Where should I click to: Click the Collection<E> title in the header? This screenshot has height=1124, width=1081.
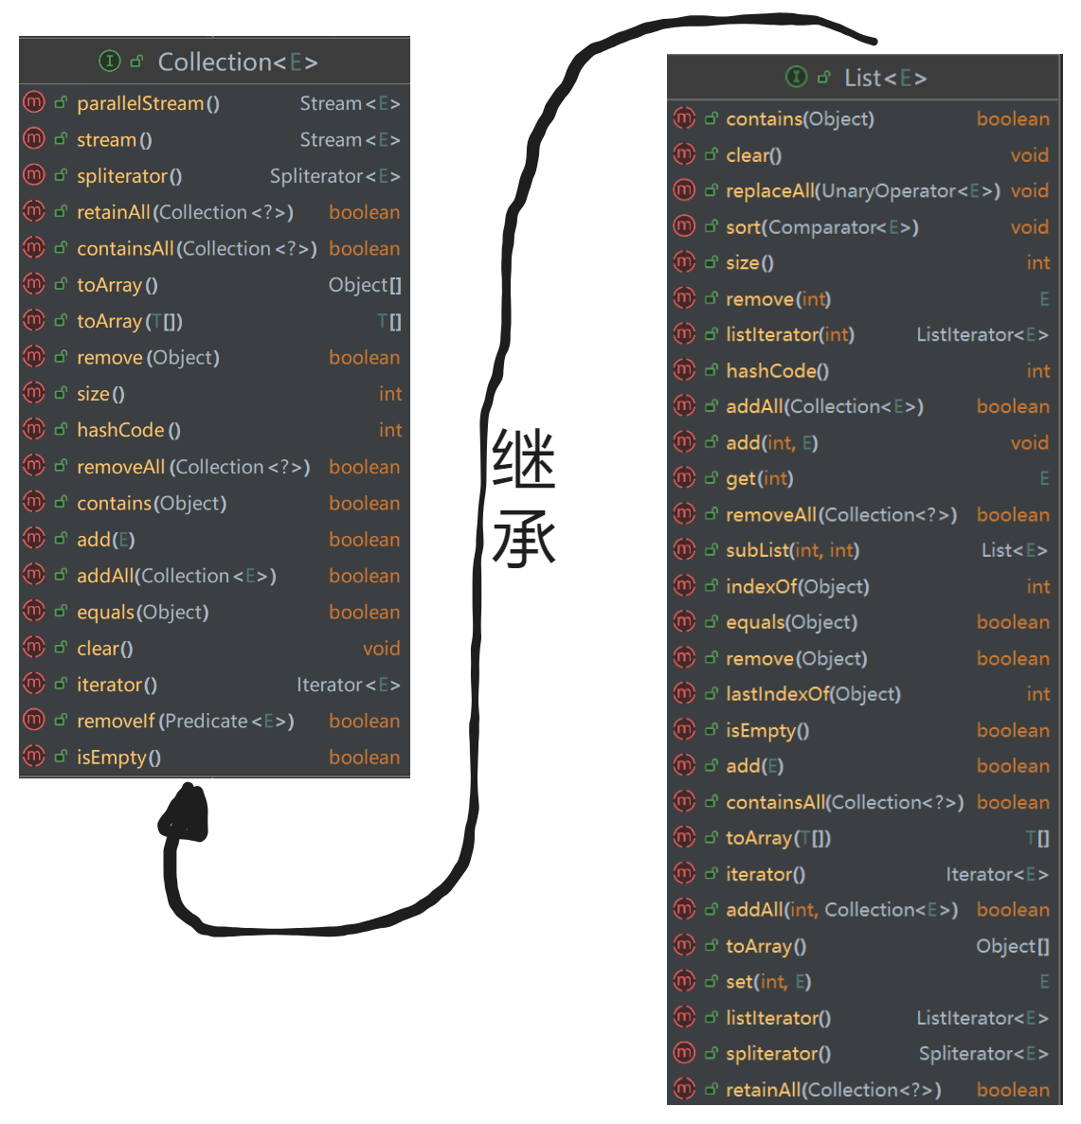pos(237,62)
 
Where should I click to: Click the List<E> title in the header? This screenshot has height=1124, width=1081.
pos(885,78)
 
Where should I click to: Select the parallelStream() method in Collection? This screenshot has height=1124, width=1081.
pos(148,103)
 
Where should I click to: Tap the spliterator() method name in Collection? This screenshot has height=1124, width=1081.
pos(129,176)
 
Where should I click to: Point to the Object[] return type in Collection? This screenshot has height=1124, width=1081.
pos(365,285)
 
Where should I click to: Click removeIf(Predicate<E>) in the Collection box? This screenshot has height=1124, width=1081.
pos(185,721)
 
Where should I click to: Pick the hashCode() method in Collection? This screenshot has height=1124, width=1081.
pos(128,430)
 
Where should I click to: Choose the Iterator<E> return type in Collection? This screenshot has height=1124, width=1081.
pos(348,685)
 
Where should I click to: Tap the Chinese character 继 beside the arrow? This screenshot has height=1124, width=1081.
pos(523,459)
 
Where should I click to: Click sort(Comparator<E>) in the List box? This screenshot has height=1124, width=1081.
pos(821,227)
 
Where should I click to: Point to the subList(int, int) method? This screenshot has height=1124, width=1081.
pos(792,550)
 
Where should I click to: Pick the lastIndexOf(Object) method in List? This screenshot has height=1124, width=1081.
pos(813,694)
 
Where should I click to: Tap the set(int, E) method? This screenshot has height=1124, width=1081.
pos(768,982)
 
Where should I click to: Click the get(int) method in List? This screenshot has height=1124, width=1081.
pos(759,478)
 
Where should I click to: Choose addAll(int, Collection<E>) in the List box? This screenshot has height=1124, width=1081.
pos(841,910)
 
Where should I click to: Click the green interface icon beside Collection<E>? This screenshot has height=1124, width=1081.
pos(110,62)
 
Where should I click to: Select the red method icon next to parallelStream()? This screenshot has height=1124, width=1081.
pos(34,102)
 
